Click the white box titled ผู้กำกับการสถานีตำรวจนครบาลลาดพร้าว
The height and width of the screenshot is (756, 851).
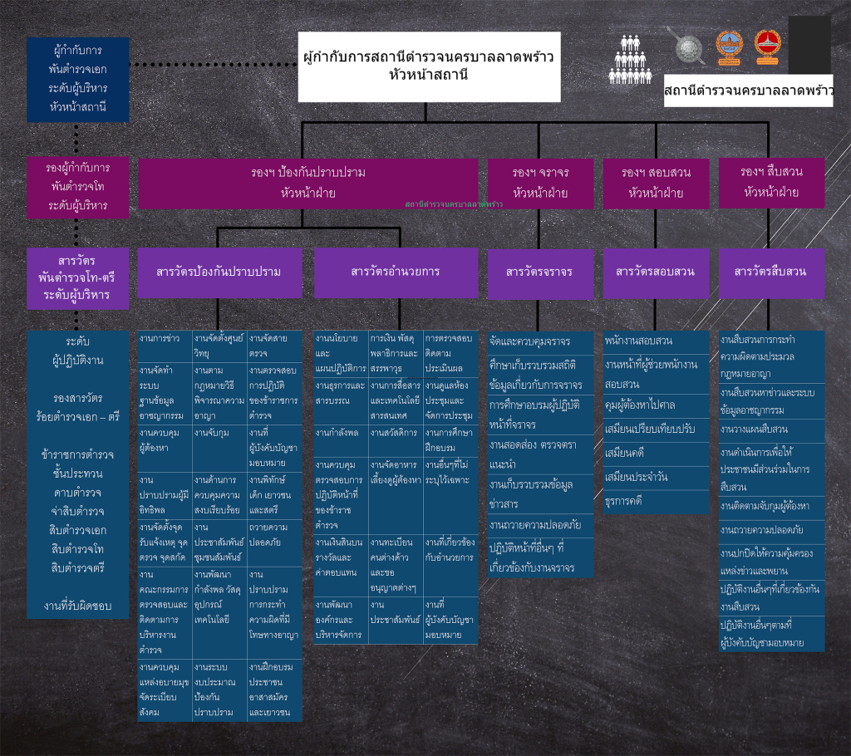point(429,66)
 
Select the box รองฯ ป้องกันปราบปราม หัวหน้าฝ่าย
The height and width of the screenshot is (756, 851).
point(308,183)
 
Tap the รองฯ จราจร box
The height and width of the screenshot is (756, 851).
point(540,183)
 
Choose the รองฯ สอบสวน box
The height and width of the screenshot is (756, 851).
point(656,183)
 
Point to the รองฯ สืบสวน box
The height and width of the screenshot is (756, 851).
point(771,182)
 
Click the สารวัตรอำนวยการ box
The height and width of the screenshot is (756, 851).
point(396,272)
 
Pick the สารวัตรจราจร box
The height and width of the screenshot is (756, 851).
point(540,272)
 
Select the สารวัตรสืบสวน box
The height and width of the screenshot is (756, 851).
point(771,272)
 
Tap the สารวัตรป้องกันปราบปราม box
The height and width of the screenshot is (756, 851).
point(219,272)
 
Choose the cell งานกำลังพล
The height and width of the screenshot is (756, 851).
point(341,433)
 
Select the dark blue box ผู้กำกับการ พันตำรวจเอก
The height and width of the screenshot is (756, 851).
point(77,79)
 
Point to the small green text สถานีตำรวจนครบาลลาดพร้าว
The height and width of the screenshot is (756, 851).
point(454,203)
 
